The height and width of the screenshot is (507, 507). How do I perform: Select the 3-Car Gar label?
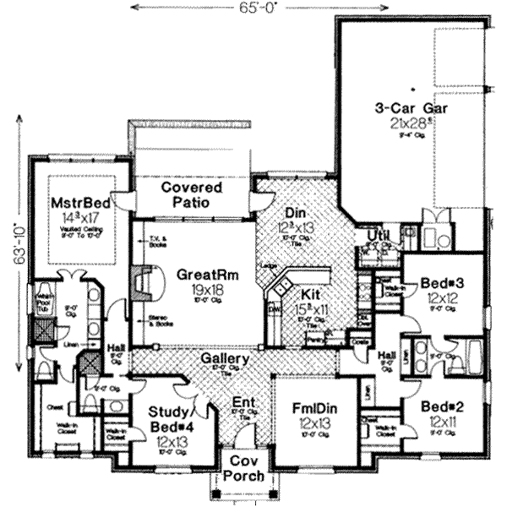click(x=411, y=108)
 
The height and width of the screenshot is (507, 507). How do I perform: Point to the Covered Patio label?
click(x=193, y=194)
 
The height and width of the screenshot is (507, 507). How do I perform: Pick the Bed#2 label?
click(x=439, y=405)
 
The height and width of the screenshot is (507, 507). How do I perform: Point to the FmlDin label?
click(x=310, y=405)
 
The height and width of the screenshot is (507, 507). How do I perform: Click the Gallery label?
click(x=224, y=359)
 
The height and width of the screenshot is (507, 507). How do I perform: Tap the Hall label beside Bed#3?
click(x=389, y=355)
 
